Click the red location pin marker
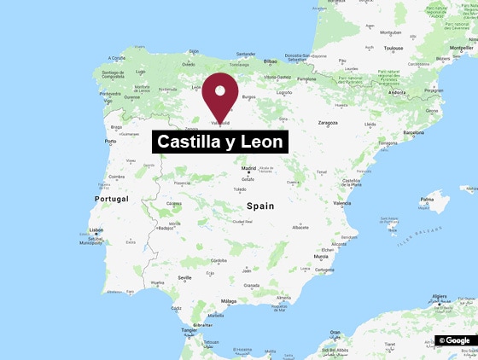(222, 94)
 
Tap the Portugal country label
(112, 199)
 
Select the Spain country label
(259, 206)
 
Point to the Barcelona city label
(419, 132)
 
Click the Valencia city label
(342, 203)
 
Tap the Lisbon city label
(96, 229)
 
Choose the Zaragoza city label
(329, 123)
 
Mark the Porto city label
(110, 142)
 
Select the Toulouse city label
(393, 49)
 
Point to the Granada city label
(251, 285)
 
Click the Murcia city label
(321, 256)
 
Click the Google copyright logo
(455, 340)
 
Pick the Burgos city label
(249, 96)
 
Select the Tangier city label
(189, 329)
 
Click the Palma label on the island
(427, 201)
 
